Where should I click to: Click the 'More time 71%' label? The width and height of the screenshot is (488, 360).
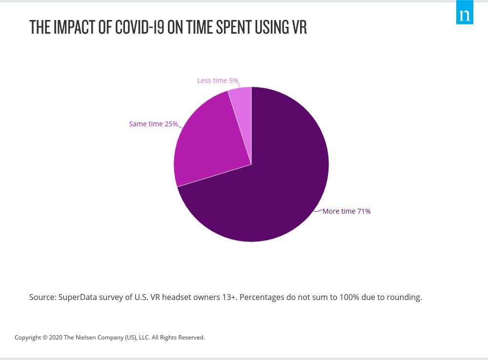point(346,211)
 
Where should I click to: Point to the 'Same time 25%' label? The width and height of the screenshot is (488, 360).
point(153,124)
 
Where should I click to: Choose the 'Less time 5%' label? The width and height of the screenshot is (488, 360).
point(218,80)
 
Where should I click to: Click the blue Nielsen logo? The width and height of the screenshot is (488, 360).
point(465,12)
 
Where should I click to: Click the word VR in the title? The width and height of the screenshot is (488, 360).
point(299,28)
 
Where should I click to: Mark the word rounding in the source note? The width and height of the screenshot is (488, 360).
point(404,297)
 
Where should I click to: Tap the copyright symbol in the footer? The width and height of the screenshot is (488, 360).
point(45,338)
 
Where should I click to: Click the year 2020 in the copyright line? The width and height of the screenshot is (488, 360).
point(55,338)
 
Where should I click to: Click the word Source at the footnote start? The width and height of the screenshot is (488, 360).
point(42,297)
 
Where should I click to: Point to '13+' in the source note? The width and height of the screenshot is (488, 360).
point(230,297)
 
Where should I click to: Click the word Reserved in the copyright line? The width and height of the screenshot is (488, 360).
point(191,338)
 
